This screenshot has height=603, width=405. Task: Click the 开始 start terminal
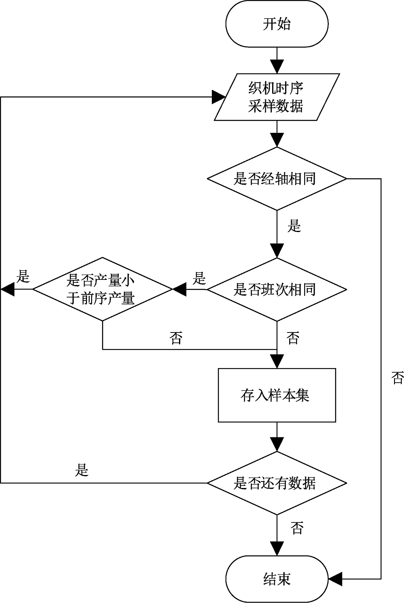277,24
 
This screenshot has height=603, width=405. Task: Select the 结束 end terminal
277,579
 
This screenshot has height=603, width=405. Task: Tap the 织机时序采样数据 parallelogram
277,97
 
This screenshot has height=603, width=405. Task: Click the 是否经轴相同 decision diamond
277,179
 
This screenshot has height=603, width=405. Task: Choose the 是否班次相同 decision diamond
277,290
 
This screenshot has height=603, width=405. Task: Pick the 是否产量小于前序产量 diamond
102,290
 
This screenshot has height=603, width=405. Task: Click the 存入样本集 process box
277,395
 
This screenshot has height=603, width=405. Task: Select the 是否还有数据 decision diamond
277,483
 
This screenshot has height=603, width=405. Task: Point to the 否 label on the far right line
397,378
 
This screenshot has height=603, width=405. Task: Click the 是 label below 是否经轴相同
294,226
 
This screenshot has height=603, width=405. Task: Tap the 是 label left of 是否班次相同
199,279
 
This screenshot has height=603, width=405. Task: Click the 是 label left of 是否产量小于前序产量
23,277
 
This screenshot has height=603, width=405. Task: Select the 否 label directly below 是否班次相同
293,337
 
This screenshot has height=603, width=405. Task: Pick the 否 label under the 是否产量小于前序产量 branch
176,337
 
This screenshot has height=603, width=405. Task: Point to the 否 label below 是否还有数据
297,528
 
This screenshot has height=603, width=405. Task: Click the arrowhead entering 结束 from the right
335,579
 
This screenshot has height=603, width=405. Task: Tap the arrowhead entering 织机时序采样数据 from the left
219,97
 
